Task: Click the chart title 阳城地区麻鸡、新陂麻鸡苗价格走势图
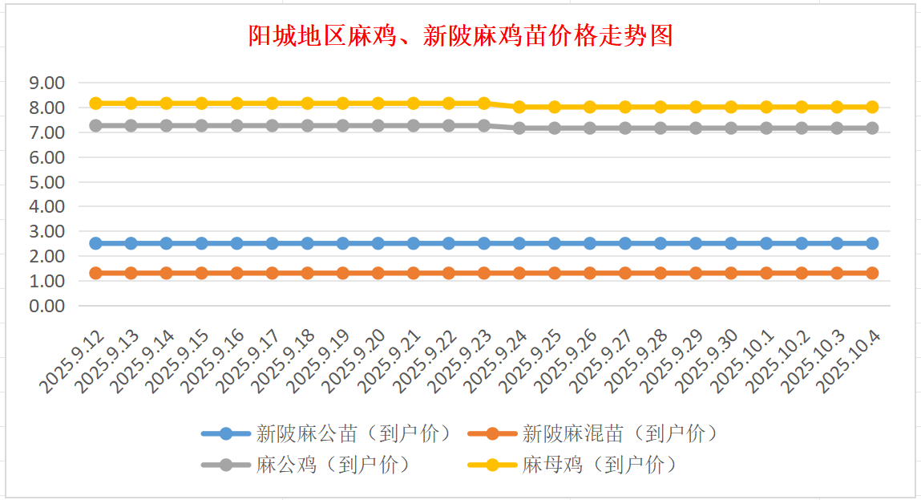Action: tap(460, 36)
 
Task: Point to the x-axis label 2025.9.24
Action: tap(495, 365)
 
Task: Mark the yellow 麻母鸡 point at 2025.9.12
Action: tap(96, 104)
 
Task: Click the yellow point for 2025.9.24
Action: tap(519, 107)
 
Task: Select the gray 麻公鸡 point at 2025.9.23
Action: tap(484, 126)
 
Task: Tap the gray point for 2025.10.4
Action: tap(872, 128)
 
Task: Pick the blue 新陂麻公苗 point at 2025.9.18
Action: tap(308, 243)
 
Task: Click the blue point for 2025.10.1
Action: tap(766, 243)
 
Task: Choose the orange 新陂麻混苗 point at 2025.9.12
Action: tap(96, 273)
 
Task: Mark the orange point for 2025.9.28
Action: tap(660, 273)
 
